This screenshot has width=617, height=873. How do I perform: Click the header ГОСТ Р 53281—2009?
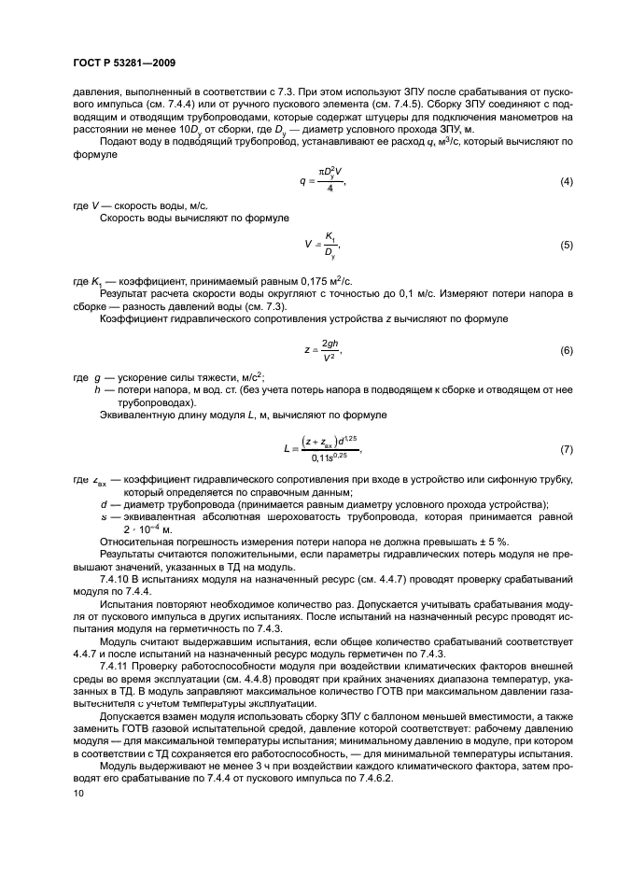point(124,63)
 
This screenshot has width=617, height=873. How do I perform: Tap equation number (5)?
point(566,246)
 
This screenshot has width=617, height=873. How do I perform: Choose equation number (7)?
point(566,450)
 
